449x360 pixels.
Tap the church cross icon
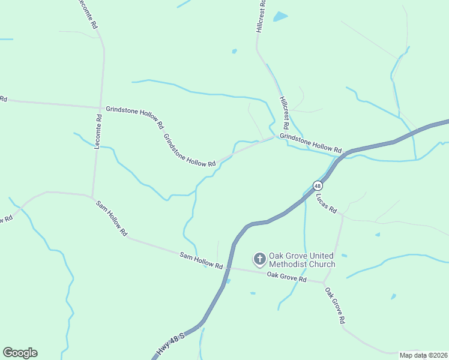click(259, 259)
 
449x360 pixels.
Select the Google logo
click(20, 353)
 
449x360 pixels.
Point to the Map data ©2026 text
click(423, 355)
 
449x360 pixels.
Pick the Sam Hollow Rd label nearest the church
click(201, 260)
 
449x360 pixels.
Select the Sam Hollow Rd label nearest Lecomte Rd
click(112, 217)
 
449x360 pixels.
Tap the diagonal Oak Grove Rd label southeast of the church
click(335, 306)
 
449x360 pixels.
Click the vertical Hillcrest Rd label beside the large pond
click(261, 16)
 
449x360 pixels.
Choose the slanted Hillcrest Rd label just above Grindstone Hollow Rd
click(285, 113)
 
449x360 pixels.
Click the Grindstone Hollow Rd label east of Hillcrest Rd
click(311, 143)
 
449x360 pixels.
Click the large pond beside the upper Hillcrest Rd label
click(280, 17)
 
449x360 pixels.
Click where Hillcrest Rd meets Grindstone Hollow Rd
click(276, 136)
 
